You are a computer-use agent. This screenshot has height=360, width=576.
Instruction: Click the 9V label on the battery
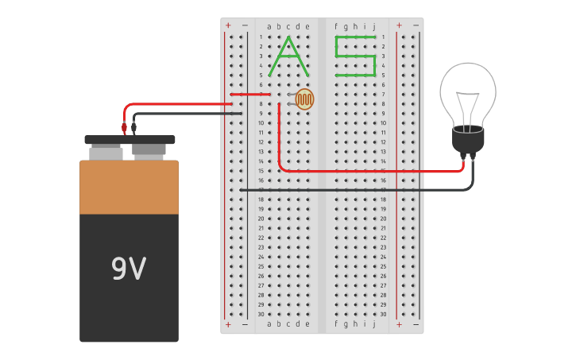tap(129, 269)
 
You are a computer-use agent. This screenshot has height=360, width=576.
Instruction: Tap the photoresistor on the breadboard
tap(304, 99)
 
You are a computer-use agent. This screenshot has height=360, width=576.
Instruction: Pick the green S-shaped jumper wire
tap(355, 56)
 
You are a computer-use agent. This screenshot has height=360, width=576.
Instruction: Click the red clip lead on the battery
tap(124, 127)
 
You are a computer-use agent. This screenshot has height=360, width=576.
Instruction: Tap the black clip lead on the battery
tap(133, 127)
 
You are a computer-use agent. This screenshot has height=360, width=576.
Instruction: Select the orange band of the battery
tap(129, 188)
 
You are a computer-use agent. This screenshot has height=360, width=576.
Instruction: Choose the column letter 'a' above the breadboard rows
tap(269, 26)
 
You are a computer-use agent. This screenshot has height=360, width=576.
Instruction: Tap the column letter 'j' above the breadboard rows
tap(374, 26)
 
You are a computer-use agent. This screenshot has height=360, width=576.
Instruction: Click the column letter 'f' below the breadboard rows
tap(336, 324)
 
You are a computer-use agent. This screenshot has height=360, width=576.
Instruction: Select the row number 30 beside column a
tap(260, 314)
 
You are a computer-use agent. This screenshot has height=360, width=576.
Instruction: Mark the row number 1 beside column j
tap(383, 37)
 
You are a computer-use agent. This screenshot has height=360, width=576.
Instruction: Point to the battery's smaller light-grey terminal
tap(106, 153)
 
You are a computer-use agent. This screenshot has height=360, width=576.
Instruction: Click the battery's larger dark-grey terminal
tap(149, 150)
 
